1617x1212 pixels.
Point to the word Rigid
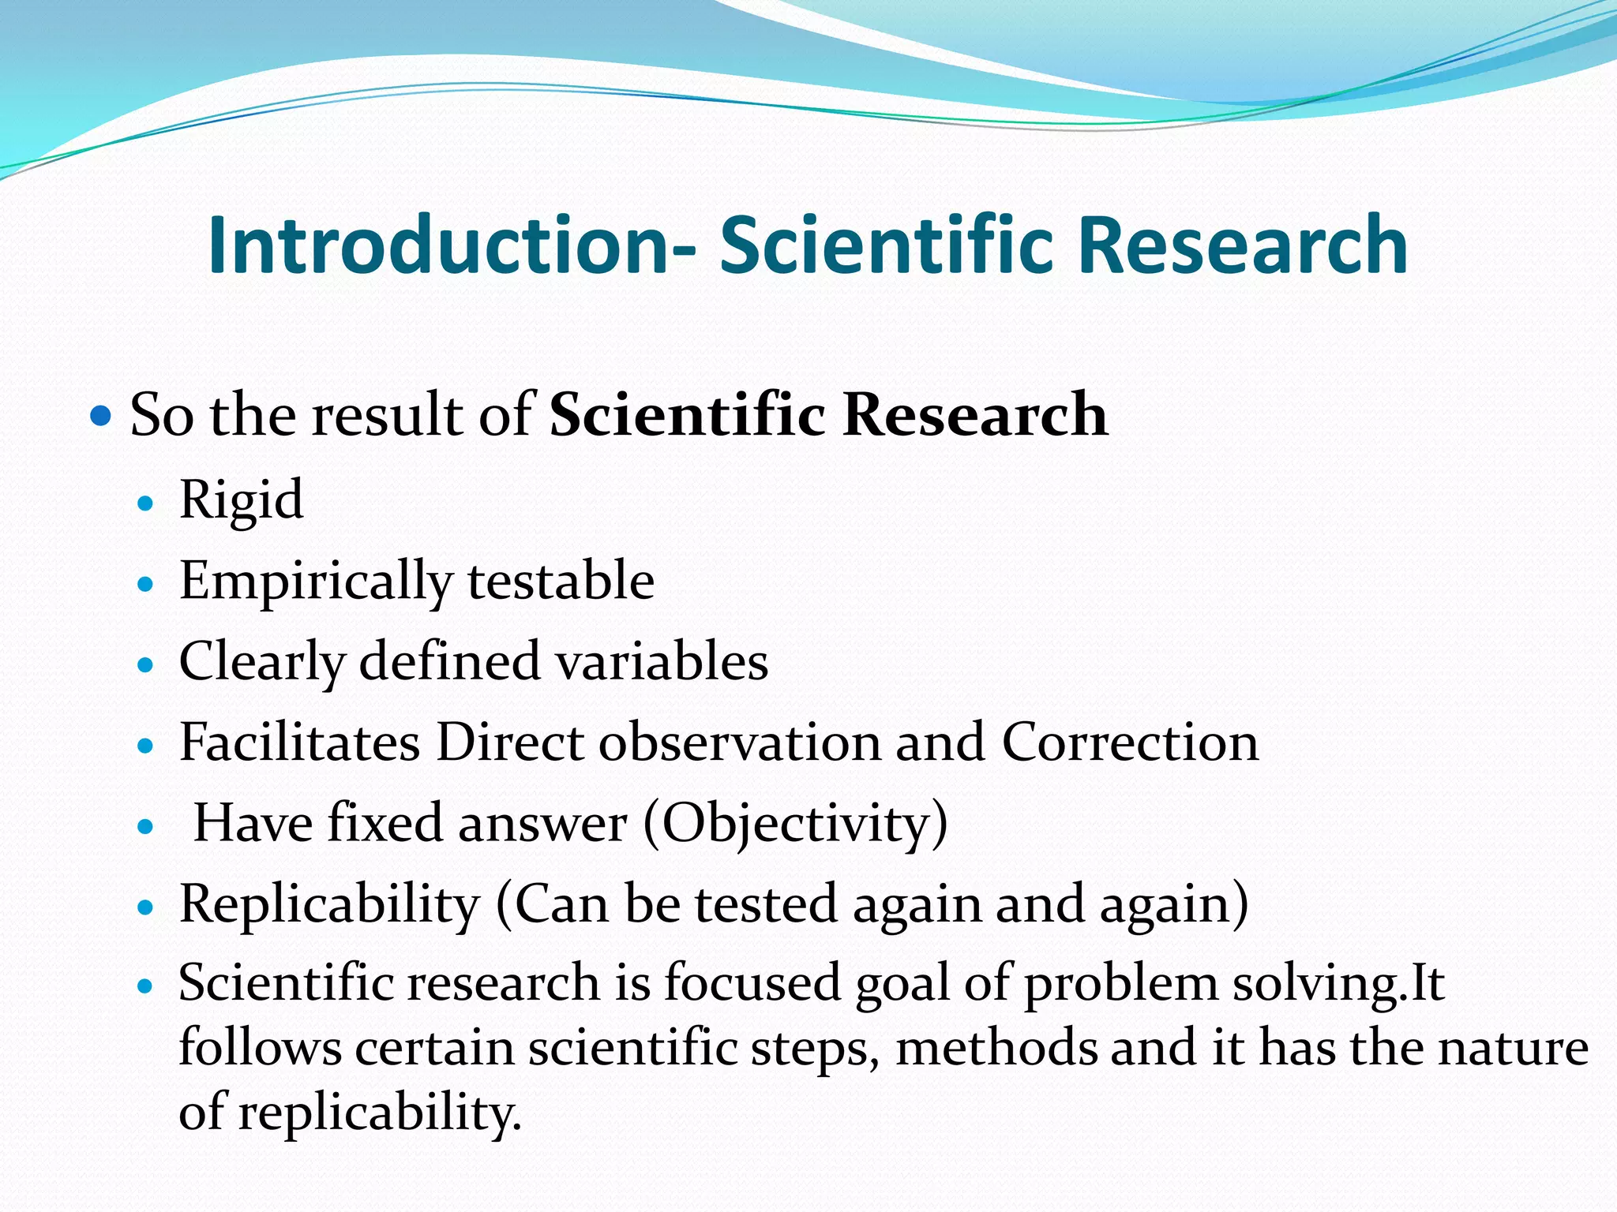coord(241,500)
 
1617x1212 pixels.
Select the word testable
coord(561,581)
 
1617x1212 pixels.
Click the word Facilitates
coord(299,743)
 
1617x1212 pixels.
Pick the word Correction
coord(1130,743)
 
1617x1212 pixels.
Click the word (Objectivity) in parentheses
coord(796,825)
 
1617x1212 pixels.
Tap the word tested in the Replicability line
coord(765,904)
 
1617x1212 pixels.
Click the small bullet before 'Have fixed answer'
coord(144,827)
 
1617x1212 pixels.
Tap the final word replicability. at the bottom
coord(380,1113)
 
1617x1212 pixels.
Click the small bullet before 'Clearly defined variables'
coord(144,665)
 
